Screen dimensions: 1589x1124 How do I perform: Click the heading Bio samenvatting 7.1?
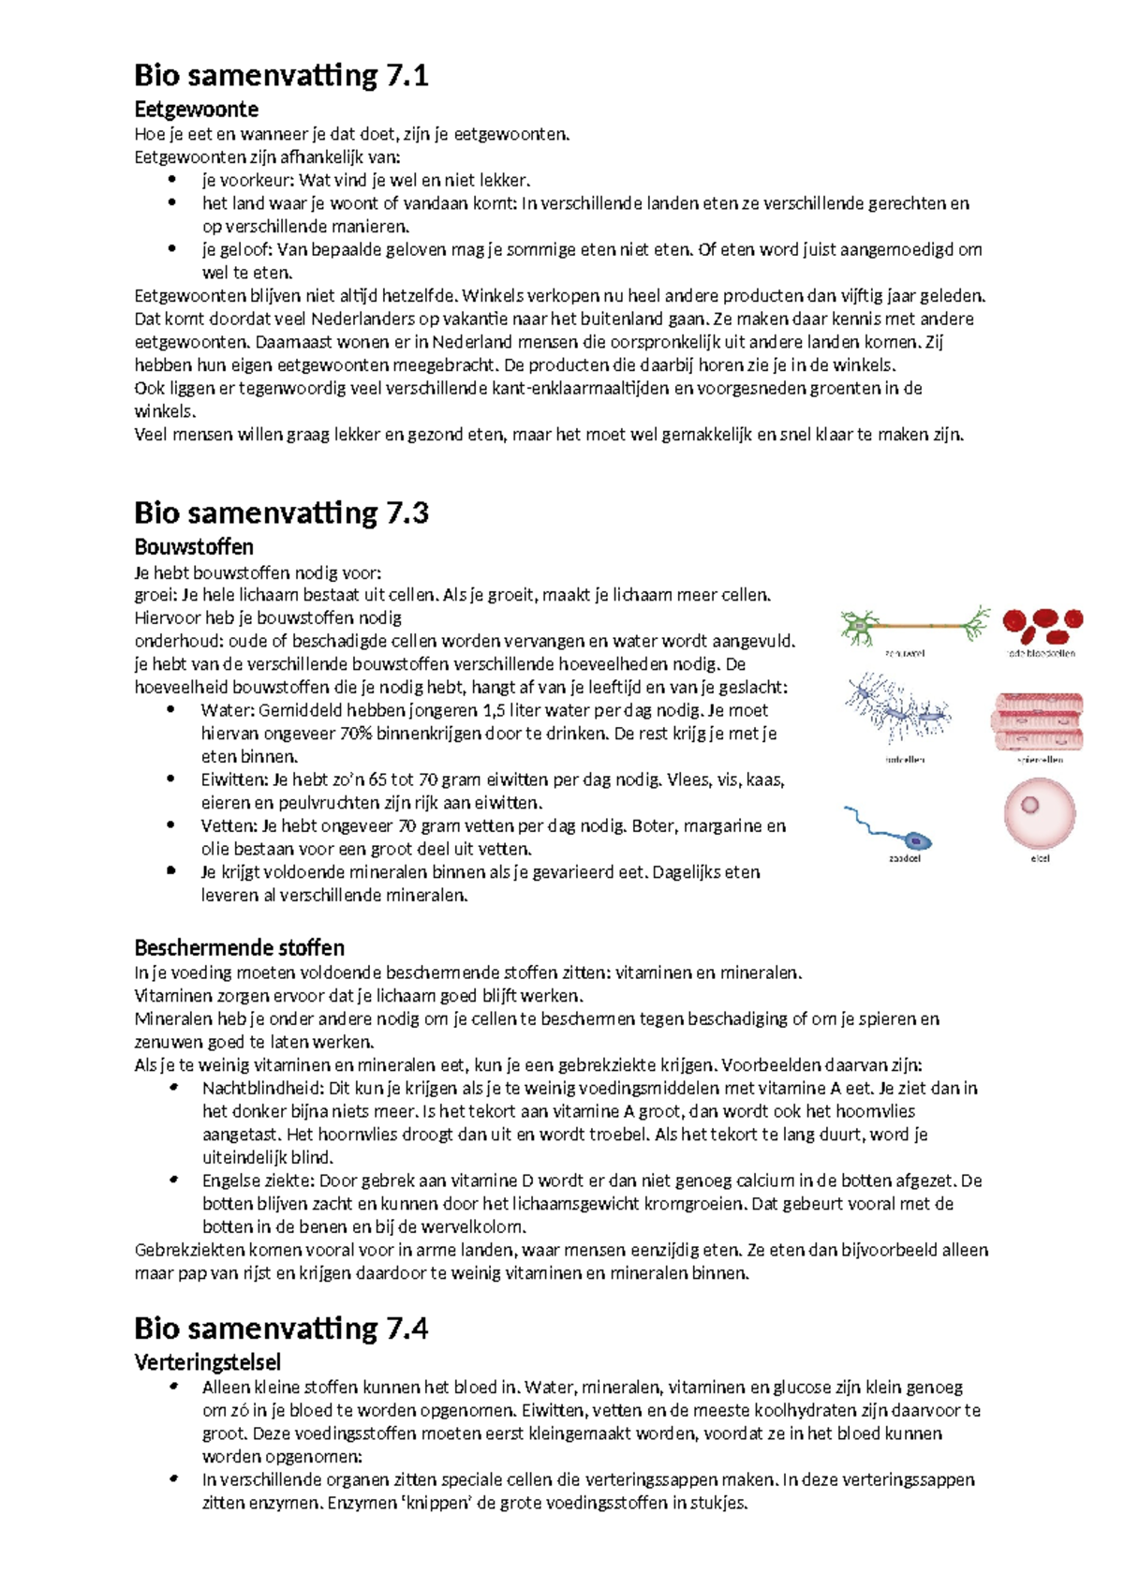[x=281, y=75]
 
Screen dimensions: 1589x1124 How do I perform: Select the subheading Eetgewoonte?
[x=196, y=109]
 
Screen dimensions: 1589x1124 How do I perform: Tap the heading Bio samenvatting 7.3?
[x=281, y=512]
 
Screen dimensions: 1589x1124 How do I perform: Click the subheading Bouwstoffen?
[x=194, y=546]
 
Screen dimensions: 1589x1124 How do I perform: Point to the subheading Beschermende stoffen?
[x=239, y=947]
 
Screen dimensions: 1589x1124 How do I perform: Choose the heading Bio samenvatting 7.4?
[x=281, y=1328]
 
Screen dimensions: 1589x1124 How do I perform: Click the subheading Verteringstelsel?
[x=207, y=1361]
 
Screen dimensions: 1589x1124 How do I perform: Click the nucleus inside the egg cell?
[x=1029, y=804]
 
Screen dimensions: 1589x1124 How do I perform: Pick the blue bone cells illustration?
[x=897, y=712]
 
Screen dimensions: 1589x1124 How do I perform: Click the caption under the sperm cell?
[x=904, y=858]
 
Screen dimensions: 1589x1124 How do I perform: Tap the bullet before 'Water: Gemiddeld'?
[x=171, y=710]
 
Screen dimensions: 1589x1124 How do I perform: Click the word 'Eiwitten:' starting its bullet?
[x=234, y=780]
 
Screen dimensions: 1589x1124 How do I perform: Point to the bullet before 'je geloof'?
[x=171, y=249]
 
